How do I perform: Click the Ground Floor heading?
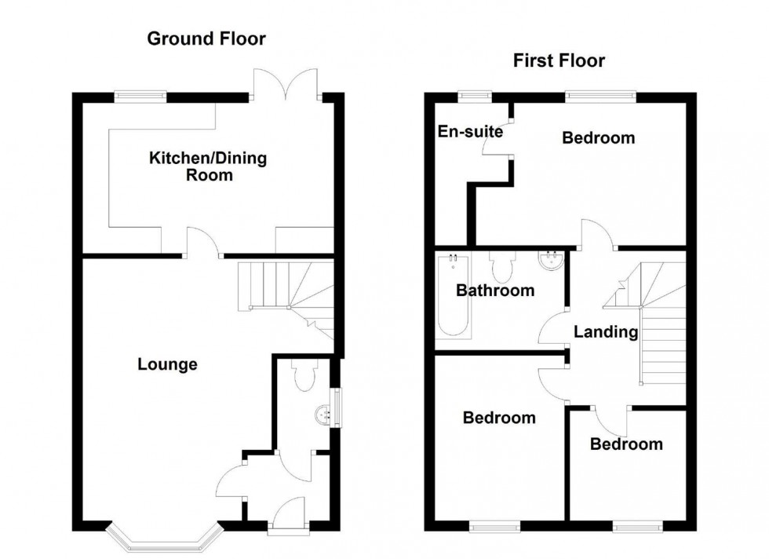click(207, 38)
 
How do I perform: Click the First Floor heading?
click(559, 60)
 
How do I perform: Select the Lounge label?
click(167, 364)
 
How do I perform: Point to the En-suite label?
click(469, 131)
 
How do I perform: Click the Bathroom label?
click(495, 290)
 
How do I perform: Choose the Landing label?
click(605, 332)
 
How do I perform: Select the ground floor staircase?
click(286, 294)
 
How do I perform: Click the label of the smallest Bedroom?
click(626, 444)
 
